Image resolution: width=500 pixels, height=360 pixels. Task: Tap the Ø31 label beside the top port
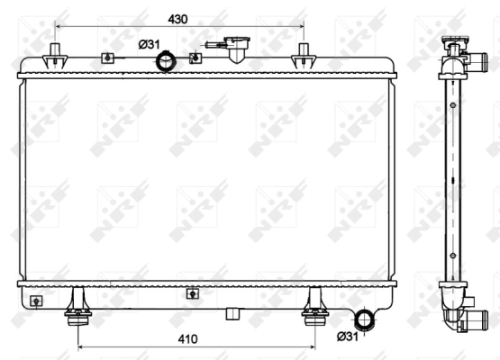coord(150,45)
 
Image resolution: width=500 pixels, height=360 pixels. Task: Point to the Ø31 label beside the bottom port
coord(349,337)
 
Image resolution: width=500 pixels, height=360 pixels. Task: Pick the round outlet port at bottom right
coord(366,320)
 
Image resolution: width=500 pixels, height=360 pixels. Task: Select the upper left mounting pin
coord(56,55)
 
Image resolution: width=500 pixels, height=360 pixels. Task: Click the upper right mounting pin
coord(302,55)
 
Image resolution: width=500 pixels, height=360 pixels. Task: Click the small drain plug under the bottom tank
coord(233,312)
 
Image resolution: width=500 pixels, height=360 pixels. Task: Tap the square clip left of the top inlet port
coord(108,58)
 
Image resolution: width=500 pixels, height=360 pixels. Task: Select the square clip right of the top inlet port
coord(194,58)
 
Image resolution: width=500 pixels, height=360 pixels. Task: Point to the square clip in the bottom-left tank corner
coord(36,301)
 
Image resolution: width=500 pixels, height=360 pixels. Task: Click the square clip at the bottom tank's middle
coord(191,292)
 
